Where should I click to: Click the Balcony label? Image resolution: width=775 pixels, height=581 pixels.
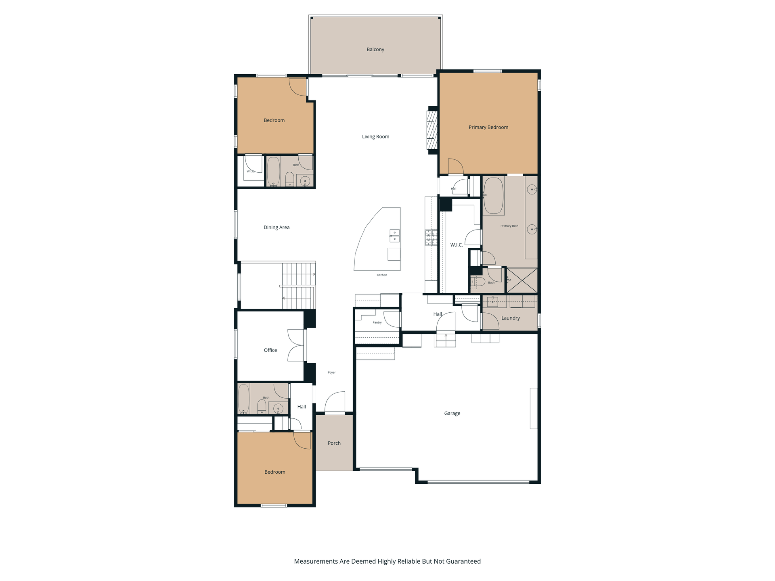(375, 50)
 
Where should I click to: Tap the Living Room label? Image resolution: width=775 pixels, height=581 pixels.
(375, 137)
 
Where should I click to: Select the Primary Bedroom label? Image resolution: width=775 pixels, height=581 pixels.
(488, 127)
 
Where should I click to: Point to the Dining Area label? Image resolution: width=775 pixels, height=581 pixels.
(276, 228)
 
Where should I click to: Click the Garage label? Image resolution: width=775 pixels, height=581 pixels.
(452, 414)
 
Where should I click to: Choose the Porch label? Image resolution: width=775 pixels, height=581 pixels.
(334, 443)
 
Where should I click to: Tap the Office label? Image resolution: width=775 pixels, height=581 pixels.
(270, 350)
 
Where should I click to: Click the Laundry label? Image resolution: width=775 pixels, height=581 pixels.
(511, 318)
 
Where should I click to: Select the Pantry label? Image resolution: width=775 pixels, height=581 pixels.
(377, 323)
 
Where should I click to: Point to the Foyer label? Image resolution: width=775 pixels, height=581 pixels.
(332, 372)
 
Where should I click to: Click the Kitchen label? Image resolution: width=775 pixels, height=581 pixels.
(382, 275)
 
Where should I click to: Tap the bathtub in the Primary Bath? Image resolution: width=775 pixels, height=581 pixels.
(494, 196)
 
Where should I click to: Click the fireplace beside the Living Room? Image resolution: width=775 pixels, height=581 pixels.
(432, 130)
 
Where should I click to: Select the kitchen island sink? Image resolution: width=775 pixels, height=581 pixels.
(394, 236)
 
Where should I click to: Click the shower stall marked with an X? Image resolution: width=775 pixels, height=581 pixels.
(522, 280)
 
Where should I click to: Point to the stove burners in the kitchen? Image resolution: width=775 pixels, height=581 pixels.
(431, 237)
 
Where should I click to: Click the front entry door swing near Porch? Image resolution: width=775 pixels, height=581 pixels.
(335, 402)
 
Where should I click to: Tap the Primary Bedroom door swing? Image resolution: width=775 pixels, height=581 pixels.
(456, 166)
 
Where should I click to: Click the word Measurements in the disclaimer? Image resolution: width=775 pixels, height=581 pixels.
(316, 561)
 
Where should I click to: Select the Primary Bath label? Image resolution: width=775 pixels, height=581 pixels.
(509, 226)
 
